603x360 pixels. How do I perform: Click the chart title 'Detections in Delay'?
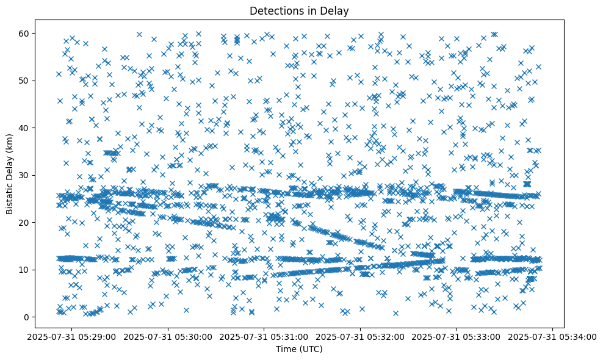click(299, 10)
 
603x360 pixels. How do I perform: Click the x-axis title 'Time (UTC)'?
click(299, 349)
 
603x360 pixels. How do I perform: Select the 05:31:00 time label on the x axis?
click(264, 336)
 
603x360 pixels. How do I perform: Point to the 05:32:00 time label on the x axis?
click(361, 336)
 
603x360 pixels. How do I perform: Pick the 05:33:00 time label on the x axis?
click(457, 336)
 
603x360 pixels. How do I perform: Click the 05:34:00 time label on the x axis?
click(553, 336)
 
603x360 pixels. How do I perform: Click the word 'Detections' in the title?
click(275, 10)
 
